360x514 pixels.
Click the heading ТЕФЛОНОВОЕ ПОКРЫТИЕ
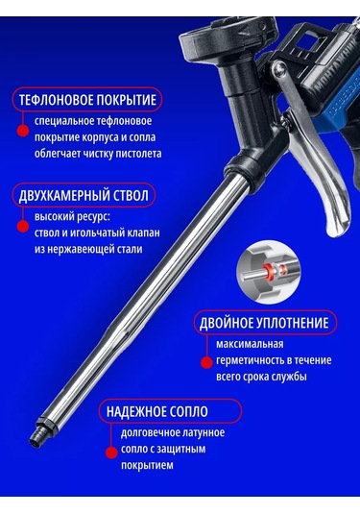pyautogui.click(x=87, y=100)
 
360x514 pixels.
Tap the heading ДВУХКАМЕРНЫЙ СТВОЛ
pyautogui.click(x=84, y=195)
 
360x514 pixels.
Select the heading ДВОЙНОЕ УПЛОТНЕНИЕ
pyautogui.click(x=264, y=323)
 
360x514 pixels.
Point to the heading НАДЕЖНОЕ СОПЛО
pyautogui.click(x=157, y=411)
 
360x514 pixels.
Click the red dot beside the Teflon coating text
pyautogui.click(x=23, y=131)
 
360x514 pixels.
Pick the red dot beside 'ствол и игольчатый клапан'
pyautogui.click(x=23, y=226)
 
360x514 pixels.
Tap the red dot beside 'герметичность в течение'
pyautogui.click(x=206, y=362)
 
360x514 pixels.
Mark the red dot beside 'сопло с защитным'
pyautogui.click(x=111, y=453)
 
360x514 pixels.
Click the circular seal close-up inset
pyautogui.click(x=269, y=272)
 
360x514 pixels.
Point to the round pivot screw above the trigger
pyautogui.click(x=280, y=69)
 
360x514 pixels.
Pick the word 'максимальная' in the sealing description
pyautogui.click(x=250, y=344)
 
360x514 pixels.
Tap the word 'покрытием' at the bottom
pyautogui.click(x=147, y=465)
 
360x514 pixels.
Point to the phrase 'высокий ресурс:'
pyautogui.click(x=73, y=217)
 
